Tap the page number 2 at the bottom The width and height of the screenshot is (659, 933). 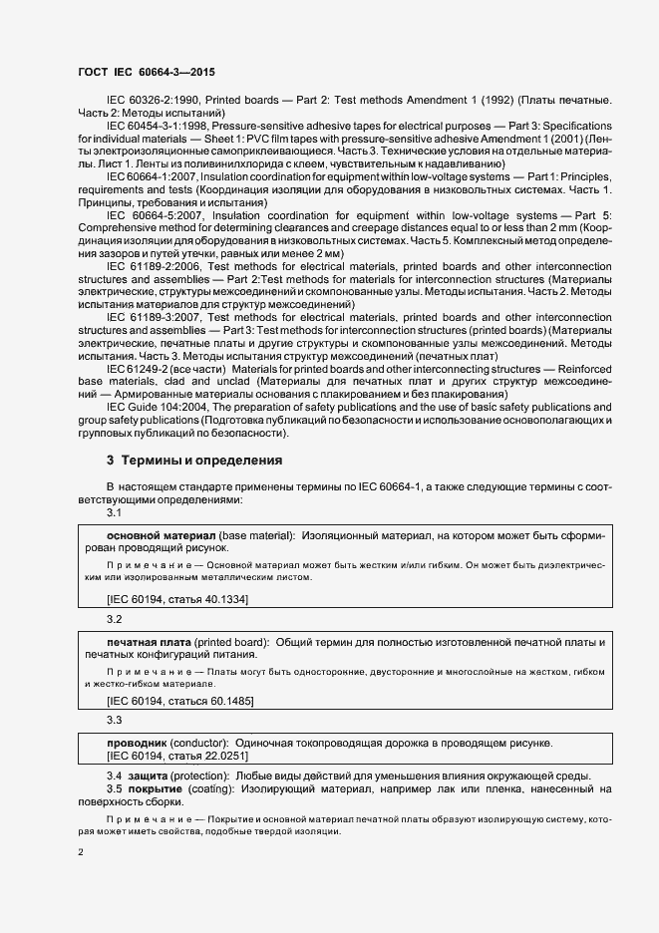(x=82, y=852)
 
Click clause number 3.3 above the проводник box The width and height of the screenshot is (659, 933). (x=114, y=720)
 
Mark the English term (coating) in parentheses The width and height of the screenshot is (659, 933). (x=210, y=789)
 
